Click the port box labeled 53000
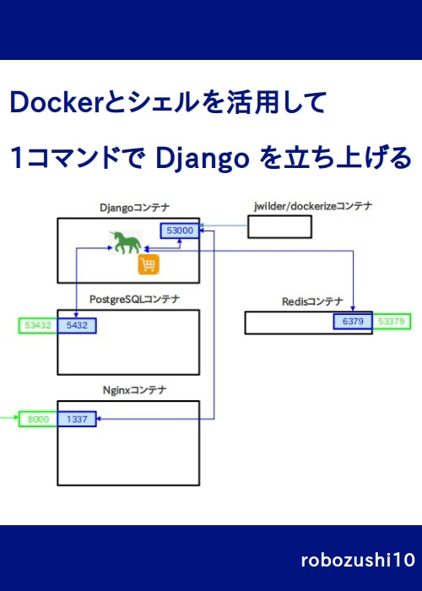(x=181, y=230)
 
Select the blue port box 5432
(x=77, y=324)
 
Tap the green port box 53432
(x=38, y=324)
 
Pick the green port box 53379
(x=392, y=322)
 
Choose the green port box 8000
(x=38, y=419)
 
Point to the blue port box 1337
(x=77, y=419)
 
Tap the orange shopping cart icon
(x=149, y=266)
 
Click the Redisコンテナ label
(x=312, y=301)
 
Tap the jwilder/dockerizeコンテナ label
(x=313, y=206)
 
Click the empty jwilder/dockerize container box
(x=279, y=227)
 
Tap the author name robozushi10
(x=357, y=560)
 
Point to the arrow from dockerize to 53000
(x=224, y=226)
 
